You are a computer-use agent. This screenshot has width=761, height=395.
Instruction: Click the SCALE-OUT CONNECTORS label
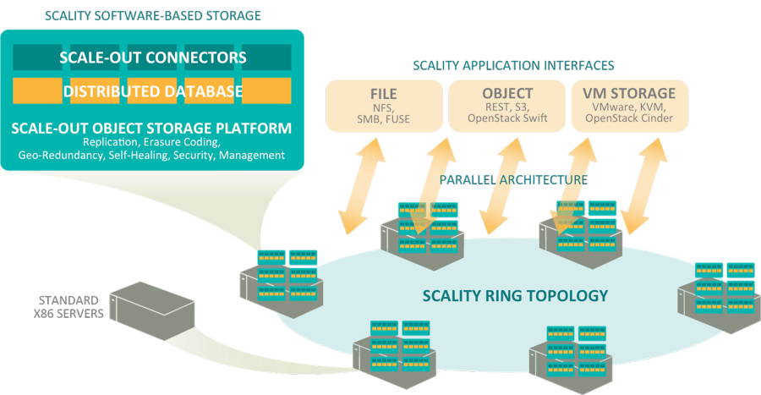[x=152, y=58]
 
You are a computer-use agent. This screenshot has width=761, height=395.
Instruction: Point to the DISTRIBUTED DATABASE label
[x=152, y=91]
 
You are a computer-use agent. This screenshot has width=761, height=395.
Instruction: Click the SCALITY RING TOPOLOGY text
[x=515, y=296]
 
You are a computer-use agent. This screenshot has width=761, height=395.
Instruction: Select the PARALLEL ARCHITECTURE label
[x=513, y=180]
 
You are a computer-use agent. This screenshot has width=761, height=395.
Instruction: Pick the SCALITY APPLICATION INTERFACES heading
[x=513, y=65]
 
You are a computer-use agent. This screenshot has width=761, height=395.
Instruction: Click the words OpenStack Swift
[x=506, y=120]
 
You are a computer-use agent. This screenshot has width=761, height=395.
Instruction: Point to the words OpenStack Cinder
[x=629, y=120]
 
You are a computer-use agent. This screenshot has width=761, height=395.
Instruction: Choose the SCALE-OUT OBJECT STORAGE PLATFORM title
[x=152, y=129]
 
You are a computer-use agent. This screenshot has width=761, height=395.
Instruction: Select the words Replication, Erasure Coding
[x=152, y=142]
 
